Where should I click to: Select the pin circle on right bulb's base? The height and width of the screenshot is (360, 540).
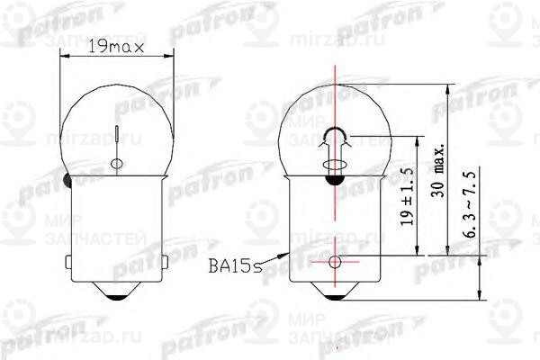[335, 263]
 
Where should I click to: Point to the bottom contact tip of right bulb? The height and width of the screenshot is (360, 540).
[335, 298]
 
